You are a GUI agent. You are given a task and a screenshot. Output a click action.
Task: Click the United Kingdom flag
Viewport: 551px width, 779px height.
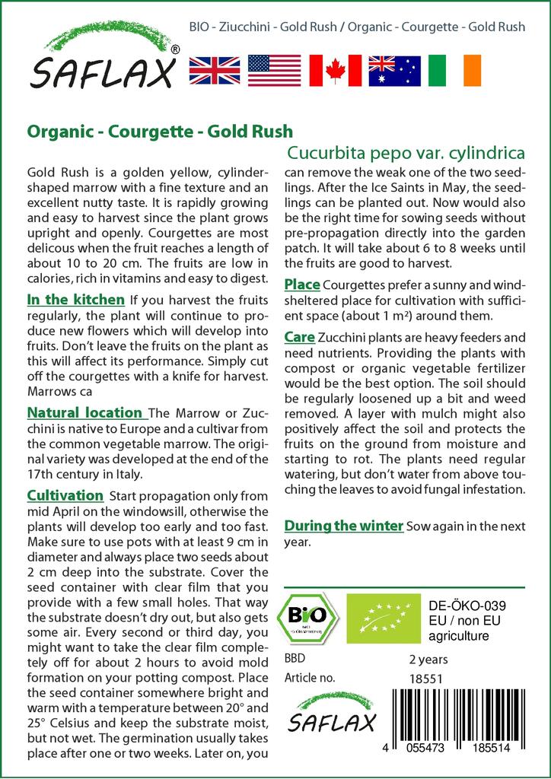coord(215,69)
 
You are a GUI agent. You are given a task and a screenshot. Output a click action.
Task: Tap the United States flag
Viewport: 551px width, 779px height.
coord(275,69)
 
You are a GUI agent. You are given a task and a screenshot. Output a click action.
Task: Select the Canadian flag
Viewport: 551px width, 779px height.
coord(334,69)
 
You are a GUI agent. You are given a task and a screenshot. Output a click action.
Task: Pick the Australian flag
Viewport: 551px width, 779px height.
coord(394,69)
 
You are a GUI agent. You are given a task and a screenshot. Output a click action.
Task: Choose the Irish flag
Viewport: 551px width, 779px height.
coord(454,69)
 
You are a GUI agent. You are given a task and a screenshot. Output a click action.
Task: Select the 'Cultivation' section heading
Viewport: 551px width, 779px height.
coord(65,496)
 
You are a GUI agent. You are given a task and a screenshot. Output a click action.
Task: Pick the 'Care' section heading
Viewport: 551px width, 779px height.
coord(300,336)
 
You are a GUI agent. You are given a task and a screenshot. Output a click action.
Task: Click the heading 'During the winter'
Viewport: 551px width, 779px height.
coord(343,526)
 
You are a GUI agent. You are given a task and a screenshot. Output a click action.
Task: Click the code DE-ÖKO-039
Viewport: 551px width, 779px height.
coord(462,606)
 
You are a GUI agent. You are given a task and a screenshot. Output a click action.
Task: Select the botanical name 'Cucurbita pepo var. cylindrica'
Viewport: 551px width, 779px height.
coord(404,152)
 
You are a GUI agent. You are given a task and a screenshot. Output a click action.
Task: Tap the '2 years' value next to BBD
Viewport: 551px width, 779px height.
coord(428,659)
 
